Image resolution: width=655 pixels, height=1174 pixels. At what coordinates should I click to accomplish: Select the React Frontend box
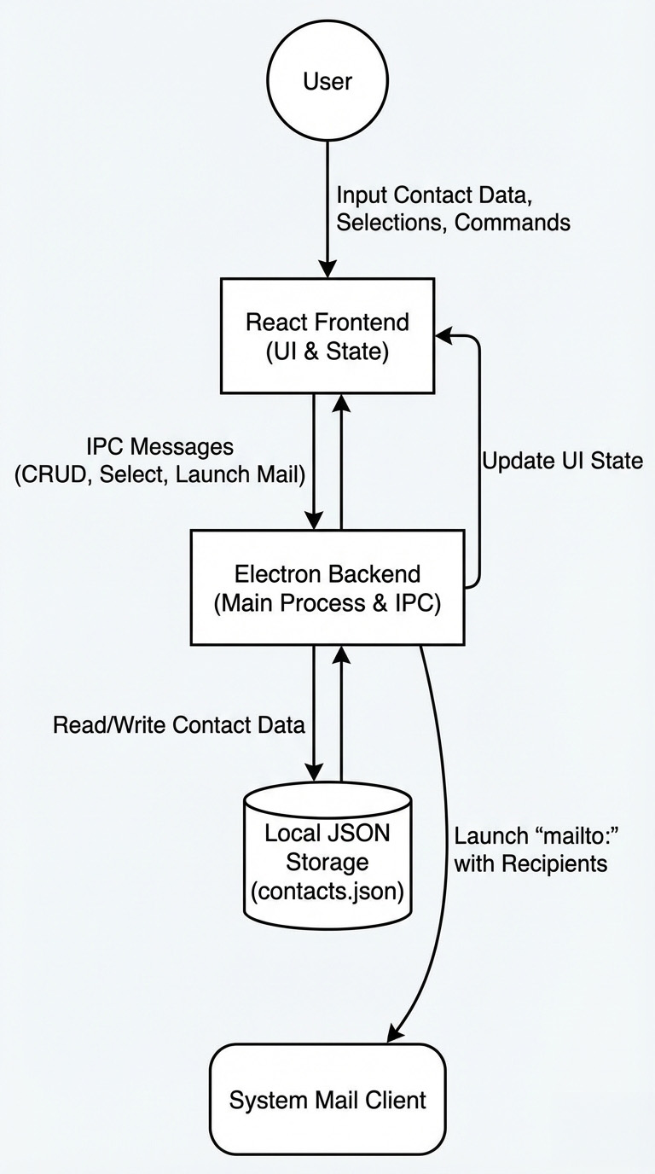[327, 335]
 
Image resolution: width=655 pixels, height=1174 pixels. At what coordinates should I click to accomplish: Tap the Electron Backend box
[327, 587]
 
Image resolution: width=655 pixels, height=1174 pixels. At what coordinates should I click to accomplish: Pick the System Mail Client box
[327, 1099]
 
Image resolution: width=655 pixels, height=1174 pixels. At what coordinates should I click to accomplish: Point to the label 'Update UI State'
[562, 462]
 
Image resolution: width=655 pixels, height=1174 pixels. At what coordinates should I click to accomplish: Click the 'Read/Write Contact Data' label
[179, 725]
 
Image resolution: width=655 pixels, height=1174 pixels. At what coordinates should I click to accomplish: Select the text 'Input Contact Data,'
[434, 195]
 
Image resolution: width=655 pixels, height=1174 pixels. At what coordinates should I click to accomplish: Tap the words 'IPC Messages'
[159, 446]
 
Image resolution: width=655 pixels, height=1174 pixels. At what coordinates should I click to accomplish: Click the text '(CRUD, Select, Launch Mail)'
[159, 475]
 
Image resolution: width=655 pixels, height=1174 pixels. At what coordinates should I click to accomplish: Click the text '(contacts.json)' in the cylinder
[327, 892]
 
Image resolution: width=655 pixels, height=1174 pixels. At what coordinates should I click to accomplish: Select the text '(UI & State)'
[327, 351]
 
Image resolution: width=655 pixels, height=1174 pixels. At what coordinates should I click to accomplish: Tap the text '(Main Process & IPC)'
[327, 602]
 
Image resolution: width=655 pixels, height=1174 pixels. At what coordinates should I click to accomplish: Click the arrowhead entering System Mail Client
[393, 1033]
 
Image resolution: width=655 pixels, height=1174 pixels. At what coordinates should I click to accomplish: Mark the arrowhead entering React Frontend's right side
[443, 336]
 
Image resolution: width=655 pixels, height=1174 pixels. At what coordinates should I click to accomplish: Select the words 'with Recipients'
[530, 863]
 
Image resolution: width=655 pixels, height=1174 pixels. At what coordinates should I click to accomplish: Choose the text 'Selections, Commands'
[453, 223]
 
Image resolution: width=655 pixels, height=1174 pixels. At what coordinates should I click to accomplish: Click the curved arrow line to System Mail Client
[444, 819]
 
